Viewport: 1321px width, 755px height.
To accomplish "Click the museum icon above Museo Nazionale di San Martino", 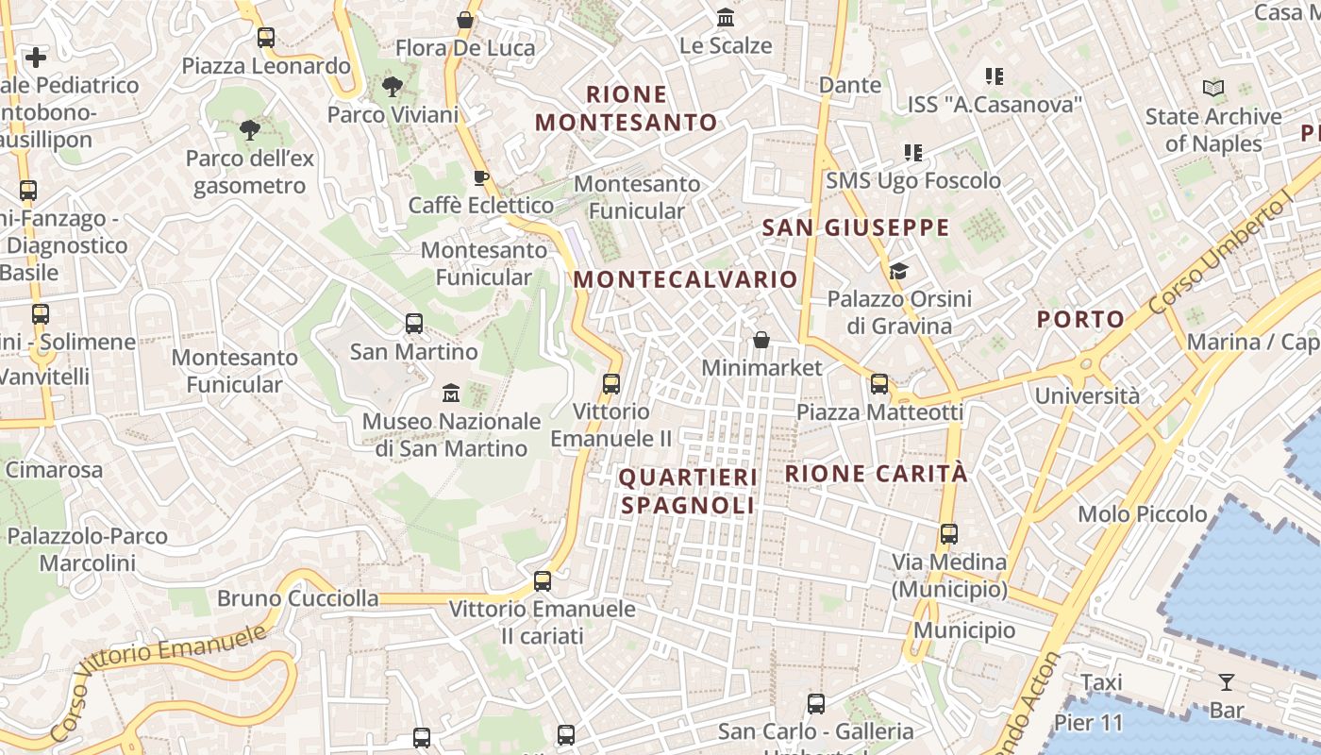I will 451,392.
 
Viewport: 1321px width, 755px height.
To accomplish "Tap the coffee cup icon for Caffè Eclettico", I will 481,177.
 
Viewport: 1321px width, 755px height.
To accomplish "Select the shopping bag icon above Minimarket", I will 761,340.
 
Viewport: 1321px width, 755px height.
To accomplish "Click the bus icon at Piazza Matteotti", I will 879,383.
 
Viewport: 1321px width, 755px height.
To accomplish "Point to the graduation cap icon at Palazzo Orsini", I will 898,272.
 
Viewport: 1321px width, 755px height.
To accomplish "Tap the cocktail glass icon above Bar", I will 1226,681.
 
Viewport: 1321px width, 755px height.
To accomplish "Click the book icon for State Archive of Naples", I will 1213,89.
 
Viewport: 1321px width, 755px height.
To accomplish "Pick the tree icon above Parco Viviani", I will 393,87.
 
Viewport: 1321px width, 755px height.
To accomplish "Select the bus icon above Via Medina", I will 949,534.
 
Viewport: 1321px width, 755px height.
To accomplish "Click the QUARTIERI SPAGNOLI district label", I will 688,492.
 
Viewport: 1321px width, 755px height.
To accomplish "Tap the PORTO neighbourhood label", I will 1080,319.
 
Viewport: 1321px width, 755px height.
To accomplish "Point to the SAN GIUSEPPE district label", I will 855,227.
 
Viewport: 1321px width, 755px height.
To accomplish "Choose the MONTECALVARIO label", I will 686,279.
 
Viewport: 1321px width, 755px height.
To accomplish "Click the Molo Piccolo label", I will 1142,514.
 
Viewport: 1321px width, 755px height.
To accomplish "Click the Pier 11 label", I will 1089,724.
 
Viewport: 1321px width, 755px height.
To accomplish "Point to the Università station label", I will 1087,395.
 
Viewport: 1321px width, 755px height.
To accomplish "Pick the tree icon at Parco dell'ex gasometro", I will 249,130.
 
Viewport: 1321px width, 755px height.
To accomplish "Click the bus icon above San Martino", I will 413,324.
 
